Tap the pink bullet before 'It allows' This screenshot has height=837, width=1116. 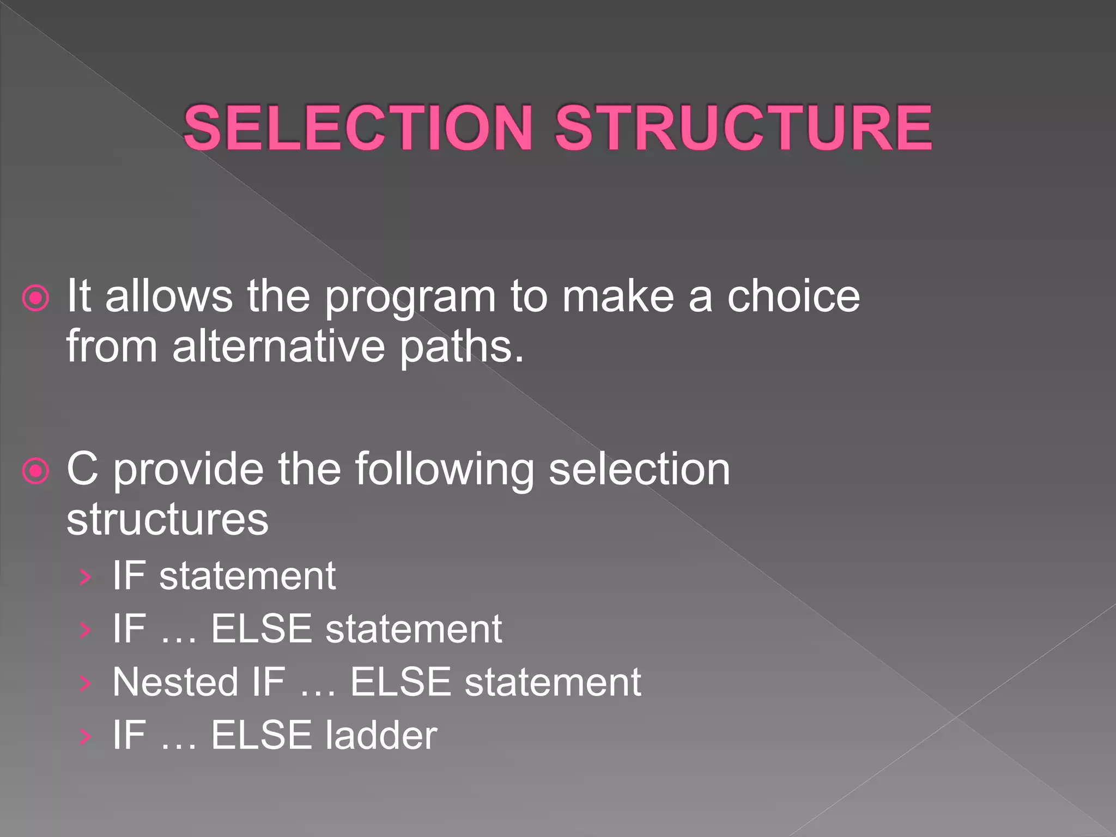pyautogui.click(x=36, y=298)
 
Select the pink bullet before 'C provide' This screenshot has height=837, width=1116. pyautogui.click(x=36, y=470)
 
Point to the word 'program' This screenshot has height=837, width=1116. pyautogui.click(x=410, y=298)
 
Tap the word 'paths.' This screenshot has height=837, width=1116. pyautogui.click(x=462, y=347)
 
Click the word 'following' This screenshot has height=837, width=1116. pyautogui.click(x=444, y=469)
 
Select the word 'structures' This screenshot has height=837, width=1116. pyautogui.click(x=167, y=518)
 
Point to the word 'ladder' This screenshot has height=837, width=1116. pyautogui.click(x=381, y=735)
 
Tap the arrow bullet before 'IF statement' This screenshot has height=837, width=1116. pyautogui.click(x=85, y=577)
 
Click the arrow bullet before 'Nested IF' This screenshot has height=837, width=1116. pyautogui.click(x=85, y=683)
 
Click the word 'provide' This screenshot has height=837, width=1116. pyautogui.click(x=188, y=469)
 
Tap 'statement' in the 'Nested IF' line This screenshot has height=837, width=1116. pyautogui.click(x=553, y=682)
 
